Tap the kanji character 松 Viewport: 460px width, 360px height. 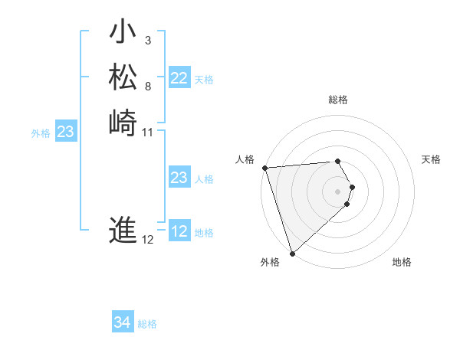coord(123,77)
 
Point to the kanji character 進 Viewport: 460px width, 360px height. coord(123,229)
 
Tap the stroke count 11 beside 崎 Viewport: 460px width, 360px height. coord(148,132)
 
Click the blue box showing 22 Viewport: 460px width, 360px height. coord(179,78)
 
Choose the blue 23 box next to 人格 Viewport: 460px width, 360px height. coord(179,178)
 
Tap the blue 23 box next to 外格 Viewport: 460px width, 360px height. coord(66,133)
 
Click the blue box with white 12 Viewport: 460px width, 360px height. coord(179,231)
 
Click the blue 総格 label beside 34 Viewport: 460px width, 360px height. coord(147,324)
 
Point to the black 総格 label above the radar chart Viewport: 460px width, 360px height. coord(338,100)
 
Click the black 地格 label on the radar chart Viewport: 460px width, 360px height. coord(402,262)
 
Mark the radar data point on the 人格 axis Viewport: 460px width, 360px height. coord(264,168)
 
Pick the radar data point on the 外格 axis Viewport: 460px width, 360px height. coord(292,253)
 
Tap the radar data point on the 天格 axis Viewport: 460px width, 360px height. coord(353,186)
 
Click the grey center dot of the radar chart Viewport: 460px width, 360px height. coord(338,191)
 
